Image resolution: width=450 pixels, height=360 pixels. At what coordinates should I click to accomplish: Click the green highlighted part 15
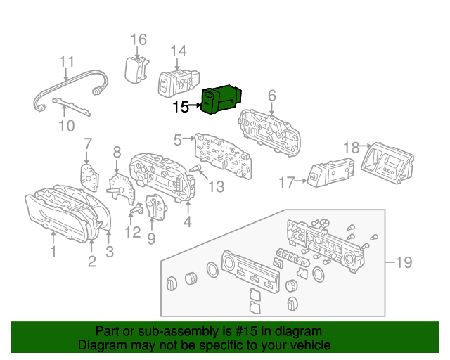[x=220, y=99]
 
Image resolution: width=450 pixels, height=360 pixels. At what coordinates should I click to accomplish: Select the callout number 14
[x=179, y=51]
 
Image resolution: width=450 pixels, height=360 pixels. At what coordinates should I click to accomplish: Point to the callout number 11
[x=66, y=61]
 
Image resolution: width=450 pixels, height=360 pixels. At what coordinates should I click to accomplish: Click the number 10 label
[x=66, y=126]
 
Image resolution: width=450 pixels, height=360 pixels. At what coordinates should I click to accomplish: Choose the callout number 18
[x=352, y=147]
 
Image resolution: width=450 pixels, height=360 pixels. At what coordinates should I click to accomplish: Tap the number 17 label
[x=285, y=183]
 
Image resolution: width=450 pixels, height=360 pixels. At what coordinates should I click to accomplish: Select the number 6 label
[x=271, y=96]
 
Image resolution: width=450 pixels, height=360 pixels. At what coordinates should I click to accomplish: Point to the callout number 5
[x=178, y=140]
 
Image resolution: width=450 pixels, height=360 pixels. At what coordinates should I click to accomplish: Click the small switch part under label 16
[x=135, y=69]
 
